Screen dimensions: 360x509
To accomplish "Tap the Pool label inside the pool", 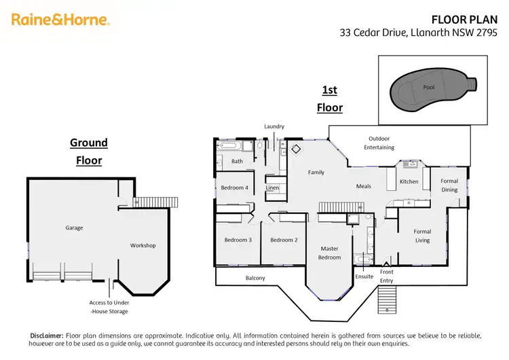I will pyautogui.click(x=428, y=88).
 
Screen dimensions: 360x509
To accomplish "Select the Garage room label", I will pyautogui.click(x=74, y=228).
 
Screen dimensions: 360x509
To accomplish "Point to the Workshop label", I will pyautogui.click(x=143, y=245).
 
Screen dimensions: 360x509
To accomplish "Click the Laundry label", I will pyautogui.click(x=274, y=126).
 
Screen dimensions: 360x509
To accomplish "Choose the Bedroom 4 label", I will pyautogui.click(x=234, y=187).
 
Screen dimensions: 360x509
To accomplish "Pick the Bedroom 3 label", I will pyautogui.click(x=238, y=240).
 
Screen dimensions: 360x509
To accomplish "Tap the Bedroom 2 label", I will pyautogui.click(x=284, y=240).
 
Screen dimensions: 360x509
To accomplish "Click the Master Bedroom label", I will pyautogui.click(x=329, y=253).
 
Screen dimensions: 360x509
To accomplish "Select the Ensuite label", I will pyautogui.click(x=364, y=276).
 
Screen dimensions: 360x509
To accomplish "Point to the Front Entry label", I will pyautogui.click(x=386, y=276).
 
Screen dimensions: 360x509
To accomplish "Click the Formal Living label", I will pyautogui.click(x=422, y=236).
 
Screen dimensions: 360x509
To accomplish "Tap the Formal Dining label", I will pyautogui.click(x=449, y=185).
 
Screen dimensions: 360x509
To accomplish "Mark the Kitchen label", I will pyautogui.click(x=409, y=181).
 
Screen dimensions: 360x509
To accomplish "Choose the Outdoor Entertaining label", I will pyautogui.click(x=377, y=143).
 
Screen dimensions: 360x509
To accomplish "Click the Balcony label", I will pyautogui.click(x=255, y=278).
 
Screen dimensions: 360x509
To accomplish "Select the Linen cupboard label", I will pyautogui.click(x=272, y=187).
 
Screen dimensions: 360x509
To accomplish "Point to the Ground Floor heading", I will pyautogui.click(x=89, y=151).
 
